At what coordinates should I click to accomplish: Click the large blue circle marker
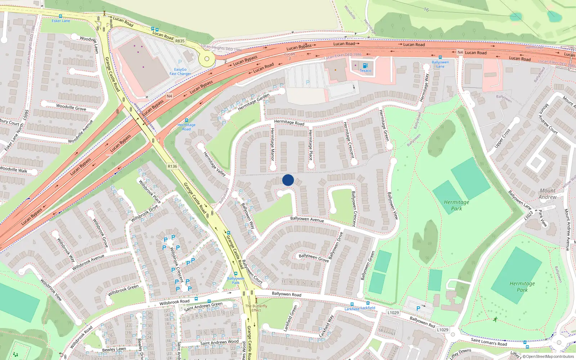click(288, 180)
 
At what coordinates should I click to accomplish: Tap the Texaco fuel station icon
click(365, 66)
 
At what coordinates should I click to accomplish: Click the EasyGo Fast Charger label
click(180, 72)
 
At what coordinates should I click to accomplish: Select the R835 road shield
click(180, 41)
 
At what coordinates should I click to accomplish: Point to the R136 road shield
click(172, 166)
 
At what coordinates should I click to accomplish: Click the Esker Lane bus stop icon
click(60, 16)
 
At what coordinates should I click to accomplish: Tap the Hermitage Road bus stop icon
click(186, 120)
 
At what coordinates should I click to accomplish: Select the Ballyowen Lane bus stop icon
click(440, 57)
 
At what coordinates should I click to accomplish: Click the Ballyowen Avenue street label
click(307, 219)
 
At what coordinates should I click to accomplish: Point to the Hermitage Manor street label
click(273, 144)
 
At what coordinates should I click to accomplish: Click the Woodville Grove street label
click(71, 107)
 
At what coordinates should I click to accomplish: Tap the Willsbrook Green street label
click(123, 290)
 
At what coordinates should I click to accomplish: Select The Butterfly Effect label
click(256, 308)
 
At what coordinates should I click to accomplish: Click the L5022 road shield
click(528, 216)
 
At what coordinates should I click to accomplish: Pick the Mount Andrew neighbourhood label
click(547, 194)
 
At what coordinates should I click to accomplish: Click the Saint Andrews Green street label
click(203, 306)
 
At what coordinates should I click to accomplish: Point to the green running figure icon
click(496, 319)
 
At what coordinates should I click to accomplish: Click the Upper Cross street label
click(502, 138)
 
